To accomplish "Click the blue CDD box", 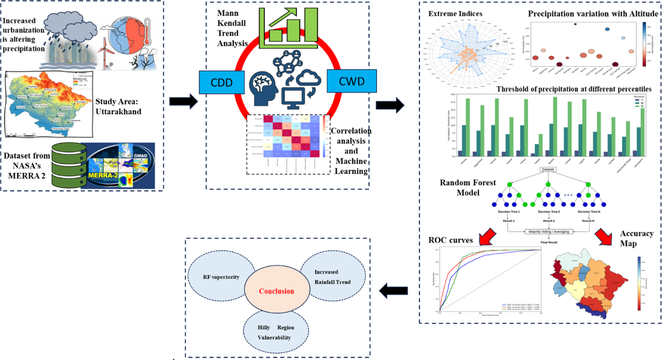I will pos(222,82).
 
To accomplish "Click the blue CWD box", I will pos(351,81).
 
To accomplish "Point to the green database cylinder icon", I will pos(69,165).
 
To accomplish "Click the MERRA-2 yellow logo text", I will pos(103,175).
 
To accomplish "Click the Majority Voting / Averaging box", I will pos(549,232).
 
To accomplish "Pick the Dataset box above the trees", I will pos(548,169).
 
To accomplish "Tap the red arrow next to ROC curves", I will pos(488,237).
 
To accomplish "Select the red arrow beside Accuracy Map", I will pos(604,237).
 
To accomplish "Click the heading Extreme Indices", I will pos(455,14).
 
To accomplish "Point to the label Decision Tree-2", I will pos(549,212).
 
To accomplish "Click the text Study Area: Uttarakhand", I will pos(118,107).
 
